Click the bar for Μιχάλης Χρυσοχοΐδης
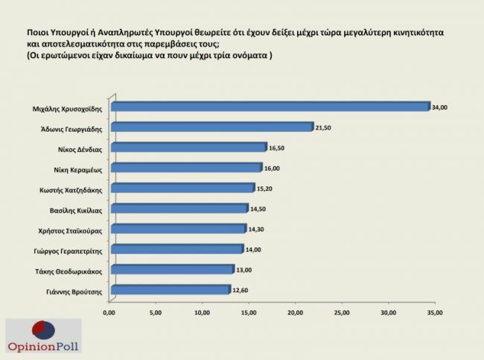270,107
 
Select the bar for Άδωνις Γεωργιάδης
211,127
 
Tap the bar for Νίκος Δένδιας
188,148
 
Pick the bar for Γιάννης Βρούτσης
170,289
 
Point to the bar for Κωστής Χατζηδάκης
182,188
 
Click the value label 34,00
440,108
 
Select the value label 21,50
324,128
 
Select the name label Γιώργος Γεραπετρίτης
72,250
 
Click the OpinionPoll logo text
43,347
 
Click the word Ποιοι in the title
39,34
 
